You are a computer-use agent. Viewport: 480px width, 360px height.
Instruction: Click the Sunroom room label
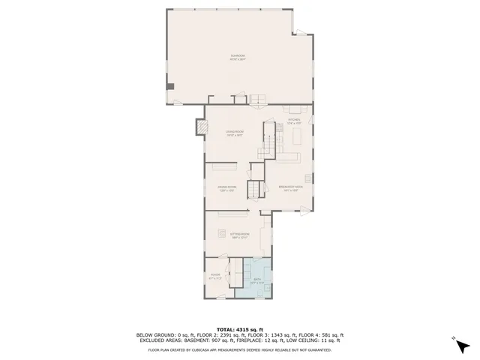point(238,57)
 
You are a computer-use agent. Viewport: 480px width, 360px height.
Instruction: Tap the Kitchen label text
point(294,119)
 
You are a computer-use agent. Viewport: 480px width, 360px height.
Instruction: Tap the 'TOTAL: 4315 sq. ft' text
point(240,329)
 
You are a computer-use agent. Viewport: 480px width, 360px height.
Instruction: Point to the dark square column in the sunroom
point(170,85)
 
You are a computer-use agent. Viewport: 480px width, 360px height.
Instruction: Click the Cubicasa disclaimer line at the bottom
point(240,349)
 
